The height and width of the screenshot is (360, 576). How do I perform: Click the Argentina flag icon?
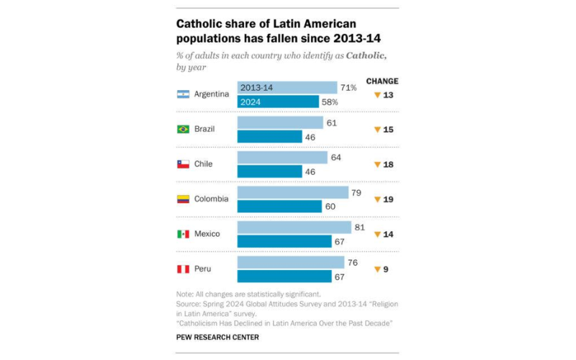coord(183,94)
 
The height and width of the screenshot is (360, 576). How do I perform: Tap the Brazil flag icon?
coord(183,130)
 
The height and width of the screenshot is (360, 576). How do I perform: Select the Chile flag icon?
coord(183,164)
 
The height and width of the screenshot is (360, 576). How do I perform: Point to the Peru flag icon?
coord(183,269)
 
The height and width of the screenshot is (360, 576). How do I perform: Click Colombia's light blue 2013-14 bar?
coord(292,192)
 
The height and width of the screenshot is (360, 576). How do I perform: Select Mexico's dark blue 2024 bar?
coord(284,241)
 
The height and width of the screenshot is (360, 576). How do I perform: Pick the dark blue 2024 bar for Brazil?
coord(269,136)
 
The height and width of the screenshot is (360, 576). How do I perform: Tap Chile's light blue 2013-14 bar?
coord(282,158)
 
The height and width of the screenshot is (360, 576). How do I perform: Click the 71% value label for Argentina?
coord(349,88)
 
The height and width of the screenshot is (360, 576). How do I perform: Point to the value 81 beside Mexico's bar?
coord(359,228)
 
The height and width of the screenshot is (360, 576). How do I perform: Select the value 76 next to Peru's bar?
coord(352,262)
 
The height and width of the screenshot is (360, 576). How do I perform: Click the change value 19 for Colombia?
coord(389,199)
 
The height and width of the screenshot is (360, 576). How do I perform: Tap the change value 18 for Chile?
coord(389,164)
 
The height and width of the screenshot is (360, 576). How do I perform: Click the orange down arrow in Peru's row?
coord(376,270)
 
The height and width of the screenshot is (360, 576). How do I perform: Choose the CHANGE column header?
coord(382,81)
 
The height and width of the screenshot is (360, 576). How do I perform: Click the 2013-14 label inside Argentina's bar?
coord(256,88)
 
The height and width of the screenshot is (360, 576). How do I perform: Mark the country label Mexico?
coord(208,235)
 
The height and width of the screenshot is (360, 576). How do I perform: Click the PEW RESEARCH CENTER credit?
coord(215,336)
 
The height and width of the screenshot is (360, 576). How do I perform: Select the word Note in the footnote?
coord(184,294)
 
